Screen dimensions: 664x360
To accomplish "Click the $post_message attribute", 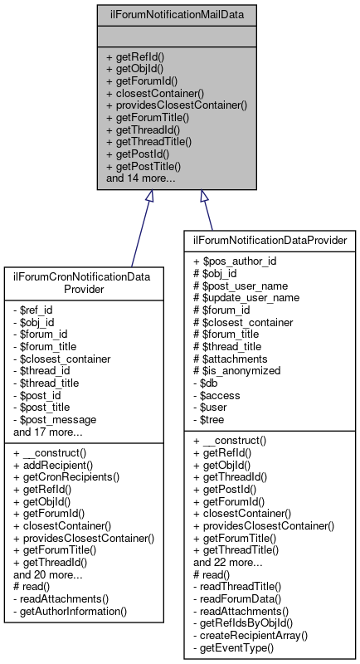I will pyautogui.click(x=56, y=420).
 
